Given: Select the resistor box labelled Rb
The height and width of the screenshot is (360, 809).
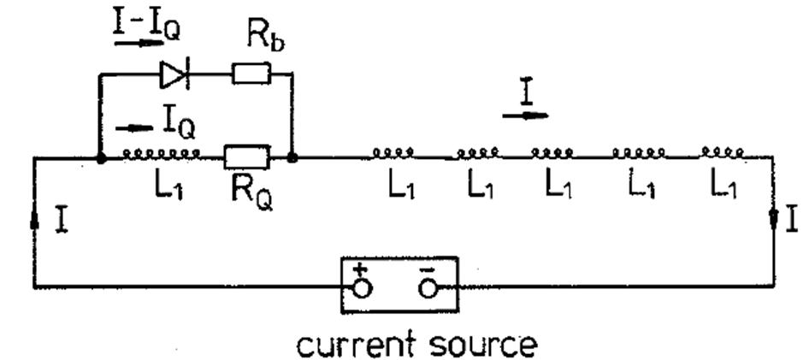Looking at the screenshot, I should click(x=251, y=76).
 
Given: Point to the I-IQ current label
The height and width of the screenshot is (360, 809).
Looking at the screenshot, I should click(x=147, y=25).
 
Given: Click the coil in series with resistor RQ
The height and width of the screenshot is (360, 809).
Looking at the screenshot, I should click(x=162, y=154).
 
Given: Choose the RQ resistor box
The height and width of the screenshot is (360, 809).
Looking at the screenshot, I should click(x=246, y=157).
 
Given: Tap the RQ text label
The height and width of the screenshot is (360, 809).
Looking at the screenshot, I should click(x=251, y=190).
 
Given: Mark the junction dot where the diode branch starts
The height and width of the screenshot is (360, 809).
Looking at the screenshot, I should click(x=101, y=158).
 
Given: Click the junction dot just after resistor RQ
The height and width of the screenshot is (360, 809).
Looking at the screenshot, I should click(x=292, y=158).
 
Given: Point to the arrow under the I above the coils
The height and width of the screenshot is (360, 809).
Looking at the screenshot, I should click(x=525, y=114).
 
